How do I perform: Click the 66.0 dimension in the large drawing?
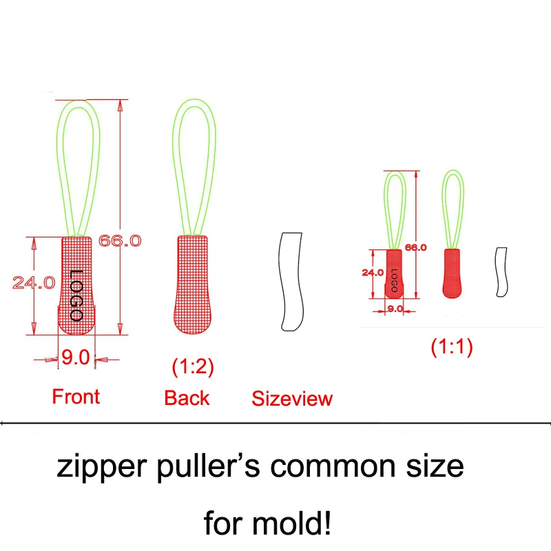[x=120, y=241]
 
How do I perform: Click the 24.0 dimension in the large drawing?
[x=33, y=282]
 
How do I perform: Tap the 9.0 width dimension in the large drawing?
[x=76, y=357]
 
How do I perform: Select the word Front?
[x=76, y=397]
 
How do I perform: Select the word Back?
[x=187, y=397]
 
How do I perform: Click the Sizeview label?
[x=292, y=398]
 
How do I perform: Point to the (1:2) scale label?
[x=193, y=366]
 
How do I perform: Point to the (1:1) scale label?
[x=451, y=347]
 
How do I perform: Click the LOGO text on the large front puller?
[x=76, y=294]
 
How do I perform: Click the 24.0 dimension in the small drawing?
[x=372, y=272]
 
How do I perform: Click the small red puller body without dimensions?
[x=452, y=273]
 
